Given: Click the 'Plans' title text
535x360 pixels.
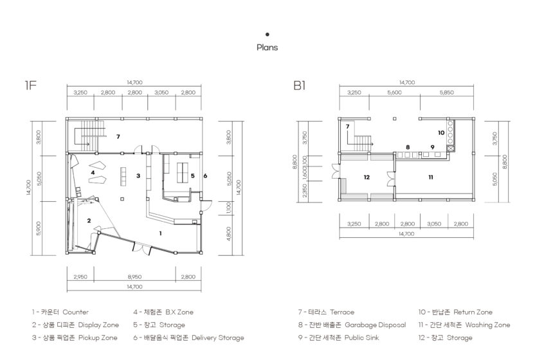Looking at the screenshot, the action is pos(267,48).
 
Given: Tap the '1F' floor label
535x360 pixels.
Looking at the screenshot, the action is pos(30,85).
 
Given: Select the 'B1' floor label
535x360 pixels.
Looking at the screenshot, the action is pos(299,85).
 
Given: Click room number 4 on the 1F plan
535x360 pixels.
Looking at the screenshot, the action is pos(93,173).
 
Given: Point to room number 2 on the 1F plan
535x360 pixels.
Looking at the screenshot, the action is pos(89,221).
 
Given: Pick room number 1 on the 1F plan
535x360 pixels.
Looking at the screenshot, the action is pos(160,233).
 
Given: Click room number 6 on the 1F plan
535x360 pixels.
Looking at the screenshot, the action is pos(205,175).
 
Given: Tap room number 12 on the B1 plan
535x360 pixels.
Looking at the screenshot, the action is pos(367,177).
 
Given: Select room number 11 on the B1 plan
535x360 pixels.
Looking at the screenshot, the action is pos(431,177).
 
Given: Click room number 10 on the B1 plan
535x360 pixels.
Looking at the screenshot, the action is pos(441,132).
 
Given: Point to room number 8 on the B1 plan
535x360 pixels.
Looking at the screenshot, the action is pos(408,147).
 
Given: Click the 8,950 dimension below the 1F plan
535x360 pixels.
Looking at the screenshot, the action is pos(134,276).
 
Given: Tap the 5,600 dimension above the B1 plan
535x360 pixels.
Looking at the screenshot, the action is pos(394,93).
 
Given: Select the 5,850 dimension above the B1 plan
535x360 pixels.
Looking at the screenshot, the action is pos(447,93).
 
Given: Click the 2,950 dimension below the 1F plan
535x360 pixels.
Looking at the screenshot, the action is pos(80,276).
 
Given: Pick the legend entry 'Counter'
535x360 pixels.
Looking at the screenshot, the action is pos(75,312).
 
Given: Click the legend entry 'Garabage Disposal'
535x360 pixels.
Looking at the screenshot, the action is pos(376,325).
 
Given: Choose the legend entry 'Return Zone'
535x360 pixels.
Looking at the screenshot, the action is pos(473,312).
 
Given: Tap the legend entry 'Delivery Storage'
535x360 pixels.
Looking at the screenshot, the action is pos(218,337).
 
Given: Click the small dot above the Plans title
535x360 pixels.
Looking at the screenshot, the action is pos(267,34).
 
